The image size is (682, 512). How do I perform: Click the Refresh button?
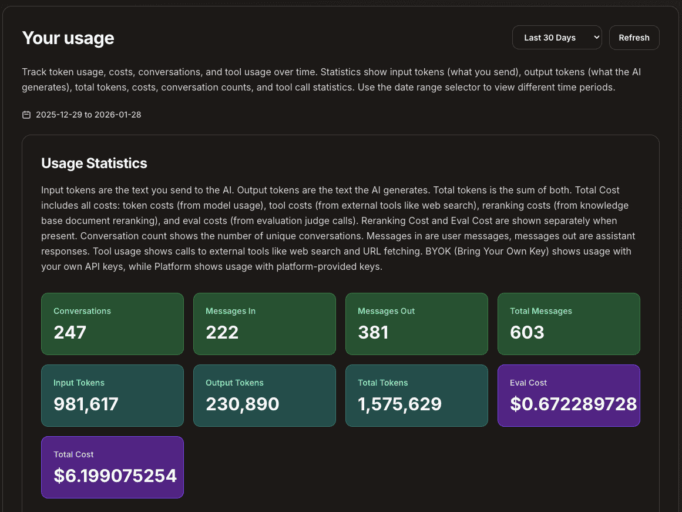pyautogui.click(x=634, y=38)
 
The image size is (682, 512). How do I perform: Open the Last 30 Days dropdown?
pyautogui.click(x=557, y=38)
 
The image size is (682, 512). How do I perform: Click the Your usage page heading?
pyautogui.click(x=68, y=38)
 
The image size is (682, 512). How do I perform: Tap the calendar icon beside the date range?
pyautogui.click(x=26, y=115)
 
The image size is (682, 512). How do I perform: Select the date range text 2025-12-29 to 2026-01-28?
pyautogui.click(x=88, y=115)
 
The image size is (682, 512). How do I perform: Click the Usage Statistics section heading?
pyautogui.click(x=94, y=163)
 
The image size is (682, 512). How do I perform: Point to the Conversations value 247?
pyautogui.click(x=70, y=333)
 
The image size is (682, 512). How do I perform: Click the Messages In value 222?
pyautogui.click(x=222, y=333)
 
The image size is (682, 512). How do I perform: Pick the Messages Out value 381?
pyautogui.click(x=373, y=333)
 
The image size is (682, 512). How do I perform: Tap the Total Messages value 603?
pyautogui.click(x=527, y=333)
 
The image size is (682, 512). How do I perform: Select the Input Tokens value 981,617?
pyautogui.click(x=86, y=404)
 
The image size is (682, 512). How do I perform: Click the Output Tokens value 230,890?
pyautogui.click(x=242, y=404)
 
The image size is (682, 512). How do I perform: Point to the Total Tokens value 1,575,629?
pyautogui.click(x=399, y=404)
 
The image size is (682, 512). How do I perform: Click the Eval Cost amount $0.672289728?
pyautogui.click(x=573, y=404)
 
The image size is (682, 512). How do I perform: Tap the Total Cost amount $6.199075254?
pyautogui.click(x=115, y=476)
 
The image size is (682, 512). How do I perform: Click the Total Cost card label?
pyautogui.click(x=73, y=454)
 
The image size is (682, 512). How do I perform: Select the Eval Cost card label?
pyautogui.click(x=528, y=383)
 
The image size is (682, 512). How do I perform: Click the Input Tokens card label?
pyautogui.click(x=79, y=383)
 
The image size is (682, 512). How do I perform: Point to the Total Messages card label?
pyautogui.click(x=540, y=311)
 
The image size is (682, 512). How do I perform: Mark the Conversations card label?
pyautogui.click(x=82, y=311)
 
